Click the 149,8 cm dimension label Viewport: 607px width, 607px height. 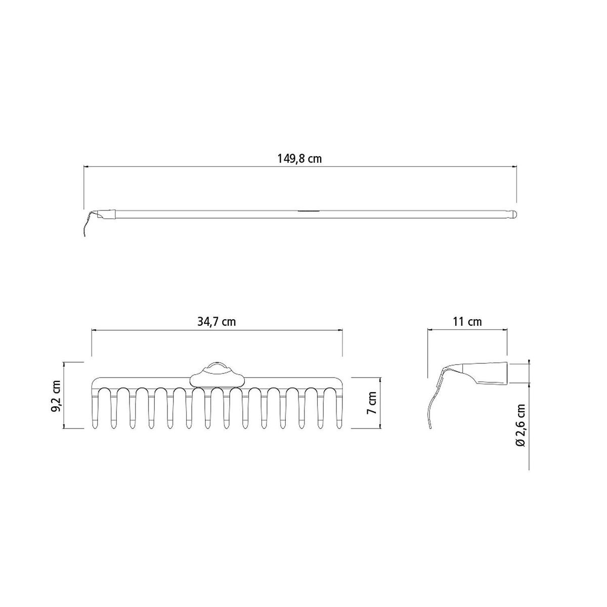(x=299, y=159)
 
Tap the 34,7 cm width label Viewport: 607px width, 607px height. (x=216, y=322)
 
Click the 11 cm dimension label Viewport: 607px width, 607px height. (x=467, y=322)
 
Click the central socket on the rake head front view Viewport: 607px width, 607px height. (x=217, y=376)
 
